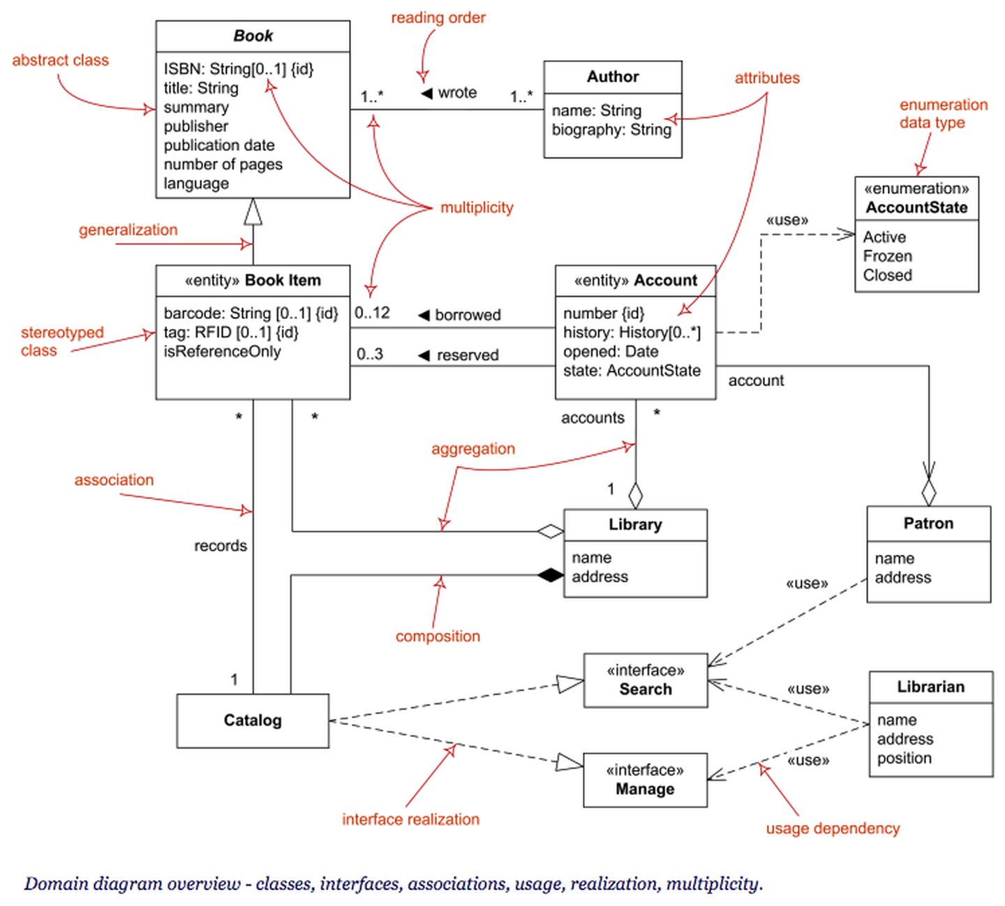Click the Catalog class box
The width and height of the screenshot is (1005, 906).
[x=252, y=720]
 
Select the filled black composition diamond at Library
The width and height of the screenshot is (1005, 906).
[x=551, y=575]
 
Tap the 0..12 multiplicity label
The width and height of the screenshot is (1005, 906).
[x=372, y=313]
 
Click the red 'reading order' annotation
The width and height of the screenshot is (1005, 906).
[x=438, y=17]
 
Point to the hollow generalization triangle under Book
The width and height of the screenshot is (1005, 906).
[x=253, y=211]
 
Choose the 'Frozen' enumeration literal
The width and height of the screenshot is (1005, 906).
[x=887, y=256]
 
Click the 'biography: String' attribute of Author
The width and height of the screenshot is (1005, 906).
[x=611, y=130]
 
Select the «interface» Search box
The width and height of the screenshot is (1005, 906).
[x=645, y=681]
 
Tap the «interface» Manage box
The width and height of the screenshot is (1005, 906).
[x=644, y=780]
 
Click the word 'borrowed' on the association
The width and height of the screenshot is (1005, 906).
[x=468, y=315]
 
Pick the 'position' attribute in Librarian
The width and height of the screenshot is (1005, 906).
[x=904, y=758]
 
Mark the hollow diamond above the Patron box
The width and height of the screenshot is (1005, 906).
[x=928, y=493]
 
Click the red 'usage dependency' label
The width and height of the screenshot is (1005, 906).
[x=833, y=829]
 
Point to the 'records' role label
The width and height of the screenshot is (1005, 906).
[x=221, y=546]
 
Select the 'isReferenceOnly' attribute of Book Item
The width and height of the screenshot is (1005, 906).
[x=222, y=351]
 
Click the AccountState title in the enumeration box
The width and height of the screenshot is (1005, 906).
[x=916, y=207]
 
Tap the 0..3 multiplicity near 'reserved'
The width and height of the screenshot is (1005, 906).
[x=370, y=355]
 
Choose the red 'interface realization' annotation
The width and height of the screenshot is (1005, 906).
[x=410, y=819]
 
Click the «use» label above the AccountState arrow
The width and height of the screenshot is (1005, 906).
[x=787, y=220]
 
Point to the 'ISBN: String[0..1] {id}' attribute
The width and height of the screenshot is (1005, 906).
[x=239, y=69]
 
